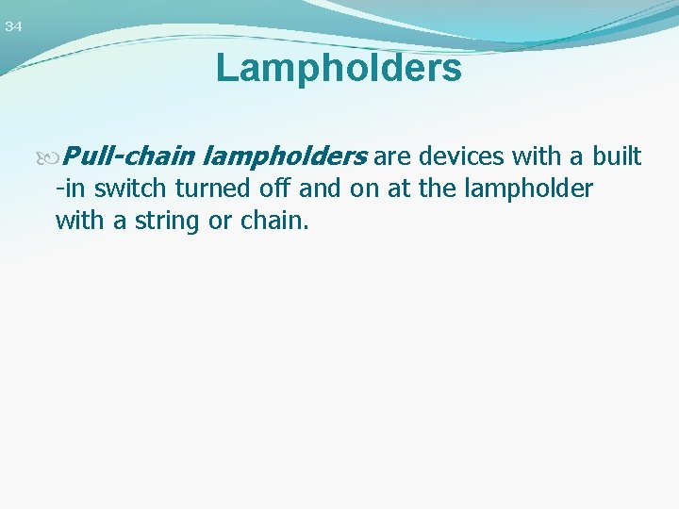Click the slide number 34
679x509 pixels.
(x=13, y=27)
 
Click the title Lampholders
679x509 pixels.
(x=339, y=69)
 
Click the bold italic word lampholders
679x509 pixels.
(x=285, y=156)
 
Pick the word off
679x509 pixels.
(x=276, y=189)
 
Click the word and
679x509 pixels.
(x=320, y=189)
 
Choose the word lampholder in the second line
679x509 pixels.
(x=527, y=189)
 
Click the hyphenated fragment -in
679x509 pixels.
(x=72, y=189)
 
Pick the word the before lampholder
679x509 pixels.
(x=437, y=189)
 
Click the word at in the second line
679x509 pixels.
(x=398, y=189)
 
